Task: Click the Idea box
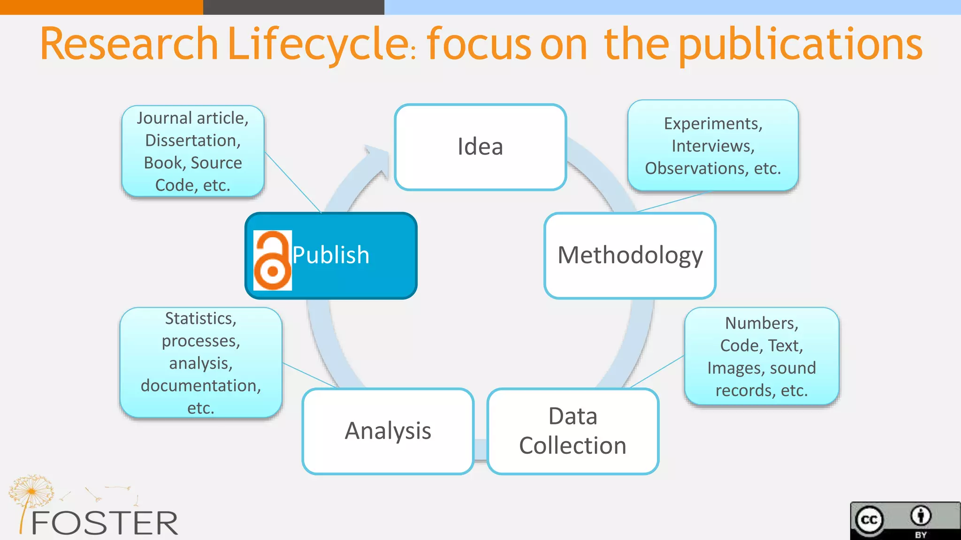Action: point(480,147)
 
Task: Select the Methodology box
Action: point(630,255)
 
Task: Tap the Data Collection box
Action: point(573,431)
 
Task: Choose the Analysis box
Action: point(388,431)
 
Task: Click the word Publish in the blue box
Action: point(331,255)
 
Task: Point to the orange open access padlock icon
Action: point(272,261)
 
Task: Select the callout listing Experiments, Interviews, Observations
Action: point(713,146)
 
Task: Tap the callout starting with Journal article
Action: point(193,151)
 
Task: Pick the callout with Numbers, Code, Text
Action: point(762,356)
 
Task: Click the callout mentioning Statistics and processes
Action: point(201,362)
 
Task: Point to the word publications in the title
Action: point(801,44)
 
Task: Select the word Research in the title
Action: point(130,44)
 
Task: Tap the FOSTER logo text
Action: point(104,523)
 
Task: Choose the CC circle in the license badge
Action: point(869,520)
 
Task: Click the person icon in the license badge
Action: point(921,516)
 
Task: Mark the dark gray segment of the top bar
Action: point(294,7)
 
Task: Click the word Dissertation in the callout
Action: point(193,140)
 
